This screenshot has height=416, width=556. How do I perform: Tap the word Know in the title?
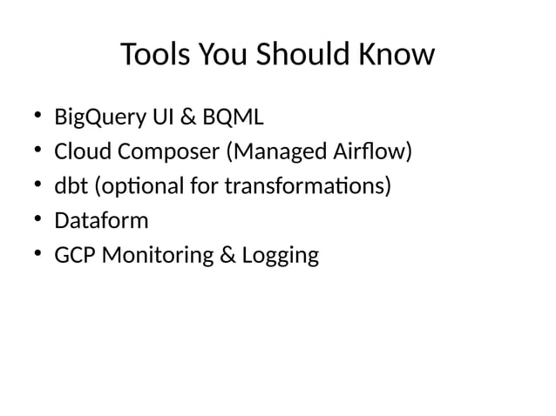click(398, 55)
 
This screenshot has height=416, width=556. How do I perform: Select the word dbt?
click(68, 186)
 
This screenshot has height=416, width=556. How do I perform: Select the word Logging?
click(280, 256)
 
